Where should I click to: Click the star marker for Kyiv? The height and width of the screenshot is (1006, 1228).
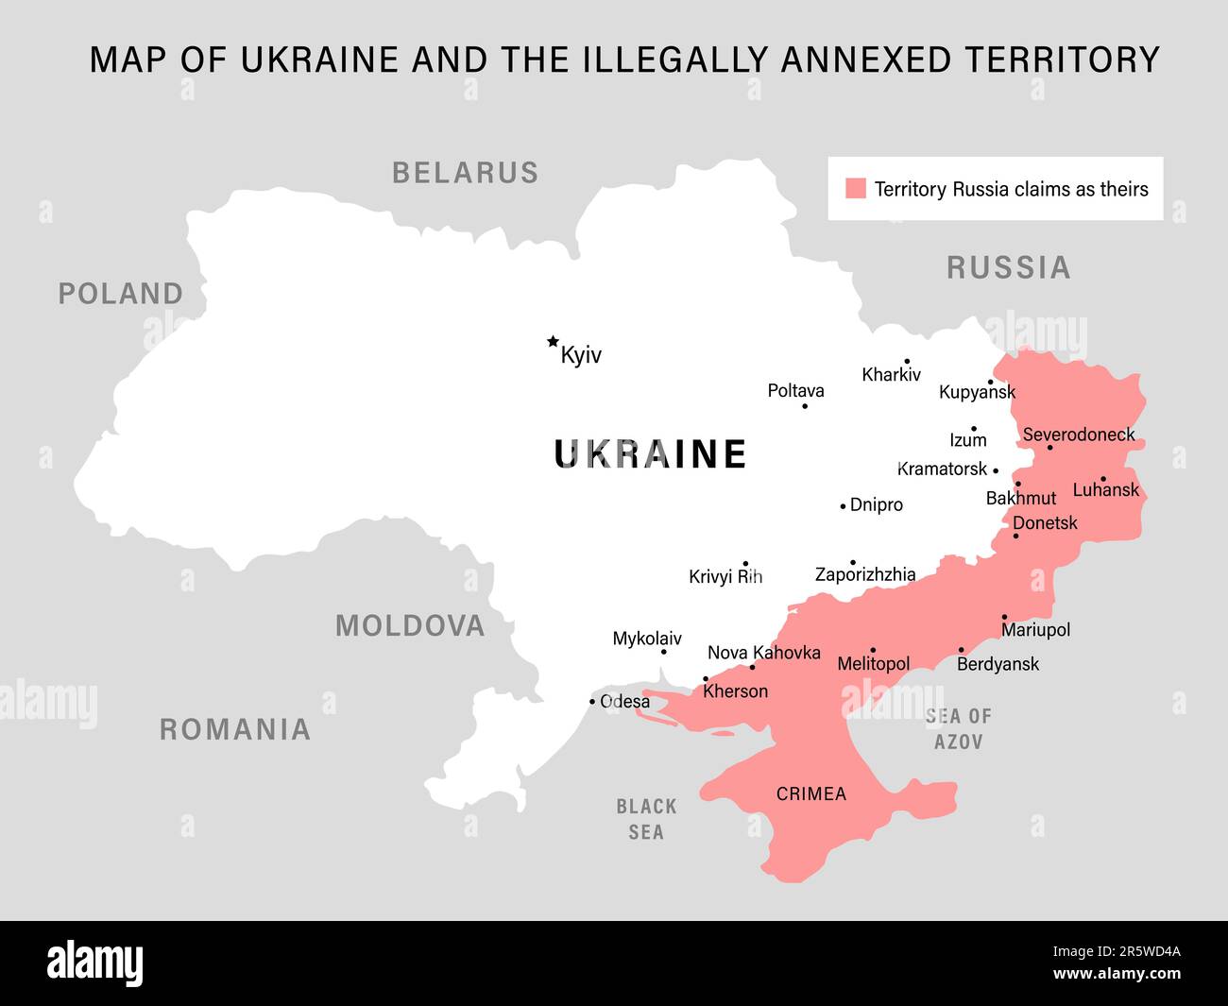coord(553,342)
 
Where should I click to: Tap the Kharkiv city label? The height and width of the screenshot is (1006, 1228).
coord(891,375)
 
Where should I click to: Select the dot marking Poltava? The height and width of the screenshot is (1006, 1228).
coord(805,406)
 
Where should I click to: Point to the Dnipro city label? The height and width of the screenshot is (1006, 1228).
coord(877,505)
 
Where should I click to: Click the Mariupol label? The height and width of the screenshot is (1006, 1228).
coord(1035,630)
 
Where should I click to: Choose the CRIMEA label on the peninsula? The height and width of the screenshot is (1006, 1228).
coord(810,794)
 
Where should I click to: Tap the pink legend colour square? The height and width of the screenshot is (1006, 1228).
coord(856,188)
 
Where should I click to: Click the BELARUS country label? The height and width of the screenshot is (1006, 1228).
coord(465,173)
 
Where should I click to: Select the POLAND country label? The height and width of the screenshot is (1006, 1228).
coord(121,294)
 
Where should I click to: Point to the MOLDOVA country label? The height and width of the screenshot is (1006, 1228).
coord(410,625)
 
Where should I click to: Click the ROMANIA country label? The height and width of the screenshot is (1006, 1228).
coord(235,729)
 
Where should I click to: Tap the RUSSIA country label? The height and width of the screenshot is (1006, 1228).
coord(1009,268)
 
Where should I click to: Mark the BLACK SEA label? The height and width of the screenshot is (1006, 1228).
coord(646,819)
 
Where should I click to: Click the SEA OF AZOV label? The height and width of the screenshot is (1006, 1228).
coord(959,729)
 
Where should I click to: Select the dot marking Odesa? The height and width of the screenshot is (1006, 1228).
coord(592,702)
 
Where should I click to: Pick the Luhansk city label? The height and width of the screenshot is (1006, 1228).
coord(1105,490)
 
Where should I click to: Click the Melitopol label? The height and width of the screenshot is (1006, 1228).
coord(874,664)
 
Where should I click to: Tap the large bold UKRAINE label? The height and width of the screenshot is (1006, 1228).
coord(650,454)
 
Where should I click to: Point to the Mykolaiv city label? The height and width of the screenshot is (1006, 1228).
coord(647,639)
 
